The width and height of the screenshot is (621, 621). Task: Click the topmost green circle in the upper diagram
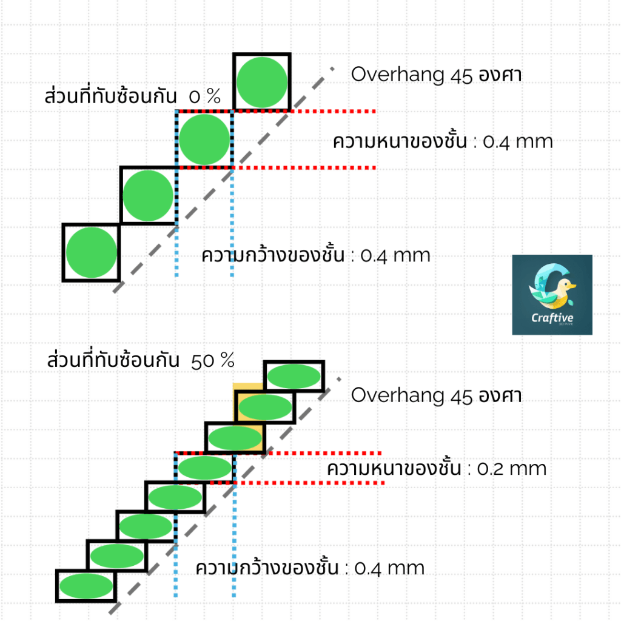(x=262, y=82)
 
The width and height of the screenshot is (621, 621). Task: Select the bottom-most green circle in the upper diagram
(x=91, y=252)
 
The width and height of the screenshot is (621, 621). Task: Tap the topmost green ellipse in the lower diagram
(x=294, y=376)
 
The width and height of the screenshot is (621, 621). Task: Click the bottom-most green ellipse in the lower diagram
(x=86, y=586)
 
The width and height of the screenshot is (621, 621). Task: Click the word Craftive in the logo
(x=552, y=318)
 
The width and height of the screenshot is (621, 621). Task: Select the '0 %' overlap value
(x=204, y=96)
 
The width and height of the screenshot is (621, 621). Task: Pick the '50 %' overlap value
(x=212, y=361)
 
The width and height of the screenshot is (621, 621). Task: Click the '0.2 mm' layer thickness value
(x=512, y=469)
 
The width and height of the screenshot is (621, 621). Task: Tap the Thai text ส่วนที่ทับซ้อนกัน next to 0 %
(x=110, y=96)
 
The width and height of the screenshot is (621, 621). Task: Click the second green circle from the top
(x=204, y=139)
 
